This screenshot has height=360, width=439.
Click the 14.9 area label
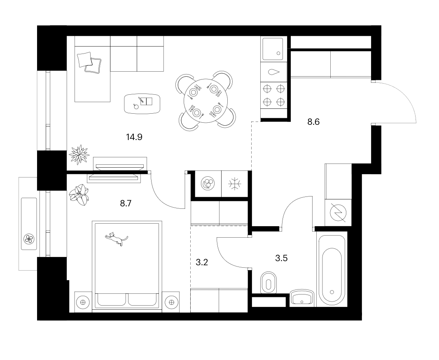coord(134,137)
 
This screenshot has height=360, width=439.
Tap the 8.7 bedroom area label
coord(126,203)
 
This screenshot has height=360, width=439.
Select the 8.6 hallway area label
coord(313,122)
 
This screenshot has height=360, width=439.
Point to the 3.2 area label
coord(201,262)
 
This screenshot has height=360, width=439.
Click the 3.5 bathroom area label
coord(281,258)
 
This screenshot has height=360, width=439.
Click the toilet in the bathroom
coord(268,283)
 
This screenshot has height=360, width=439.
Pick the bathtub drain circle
coord(332,292)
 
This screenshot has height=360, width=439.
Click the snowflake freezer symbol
coord(235,184)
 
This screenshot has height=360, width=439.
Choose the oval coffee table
coord(142,103)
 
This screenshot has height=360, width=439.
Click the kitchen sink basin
coord(272,49)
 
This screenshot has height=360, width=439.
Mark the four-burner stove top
coord(274,96)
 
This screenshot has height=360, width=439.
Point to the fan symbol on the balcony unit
coord(29,238)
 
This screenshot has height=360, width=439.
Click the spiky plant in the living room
coord(79,154)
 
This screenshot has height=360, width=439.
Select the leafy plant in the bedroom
coord(80,194)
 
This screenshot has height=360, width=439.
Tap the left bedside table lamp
coord(83,302)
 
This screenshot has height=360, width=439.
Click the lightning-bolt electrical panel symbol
coord(338,212)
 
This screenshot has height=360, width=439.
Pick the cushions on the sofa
coord(89,63)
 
